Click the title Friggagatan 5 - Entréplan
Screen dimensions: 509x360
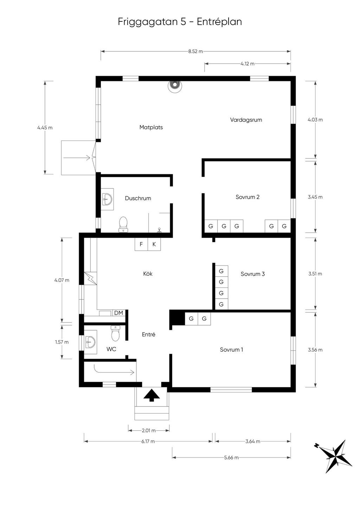(180, 22)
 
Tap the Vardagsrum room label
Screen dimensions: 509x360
(246, 120)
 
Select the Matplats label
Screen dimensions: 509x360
(151, 128)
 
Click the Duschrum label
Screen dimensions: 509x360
(138, 198)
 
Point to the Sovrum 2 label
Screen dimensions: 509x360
(247, 197)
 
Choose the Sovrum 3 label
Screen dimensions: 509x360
(252, 274)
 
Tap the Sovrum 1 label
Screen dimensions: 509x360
(231, 350)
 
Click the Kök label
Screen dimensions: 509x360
(148, 274)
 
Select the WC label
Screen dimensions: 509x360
(111, 349)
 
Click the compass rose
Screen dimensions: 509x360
(335, 456)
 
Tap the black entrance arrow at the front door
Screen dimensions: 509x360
(152, 395)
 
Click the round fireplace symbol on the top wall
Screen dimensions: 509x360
(175, 85)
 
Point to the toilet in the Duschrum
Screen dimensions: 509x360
(123, 224)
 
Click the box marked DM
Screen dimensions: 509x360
(118, 313)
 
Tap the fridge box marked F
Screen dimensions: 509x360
(141, 244)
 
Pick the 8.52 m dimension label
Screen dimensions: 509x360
(195, 51)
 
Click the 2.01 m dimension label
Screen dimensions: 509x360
(149, 430)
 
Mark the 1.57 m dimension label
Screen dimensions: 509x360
(62, 342)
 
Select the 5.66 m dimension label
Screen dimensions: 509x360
(231, 458)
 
